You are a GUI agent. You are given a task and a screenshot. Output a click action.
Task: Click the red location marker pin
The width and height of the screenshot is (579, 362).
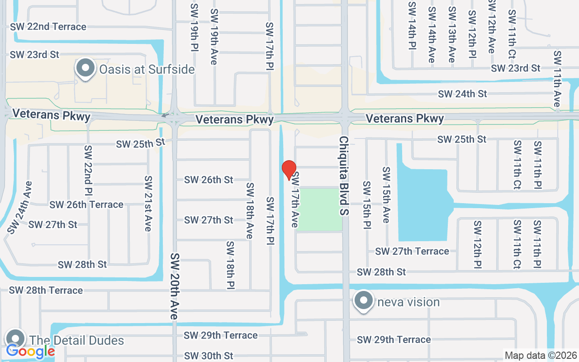289,170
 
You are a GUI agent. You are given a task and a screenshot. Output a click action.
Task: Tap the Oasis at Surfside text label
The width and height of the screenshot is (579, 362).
147,69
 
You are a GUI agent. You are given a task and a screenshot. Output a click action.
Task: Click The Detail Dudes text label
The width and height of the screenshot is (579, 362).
76,340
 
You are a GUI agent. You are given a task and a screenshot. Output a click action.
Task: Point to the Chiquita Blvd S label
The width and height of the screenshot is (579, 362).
344,176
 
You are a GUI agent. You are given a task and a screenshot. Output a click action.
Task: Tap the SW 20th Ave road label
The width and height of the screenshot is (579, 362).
175,286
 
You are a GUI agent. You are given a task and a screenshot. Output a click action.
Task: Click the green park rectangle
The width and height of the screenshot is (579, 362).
319,210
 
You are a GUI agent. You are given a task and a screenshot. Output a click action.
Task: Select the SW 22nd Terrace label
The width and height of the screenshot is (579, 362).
48,27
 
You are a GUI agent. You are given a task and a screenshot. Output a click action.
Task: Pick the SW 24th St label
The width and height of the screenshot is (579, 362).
462,94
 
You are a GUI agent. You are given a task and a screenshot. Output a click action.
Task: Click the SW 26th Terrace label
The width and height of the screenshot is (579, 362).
86,205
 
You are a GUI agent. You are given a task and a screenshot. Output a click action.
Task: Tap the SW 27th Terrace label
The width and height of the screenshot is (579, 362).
412,251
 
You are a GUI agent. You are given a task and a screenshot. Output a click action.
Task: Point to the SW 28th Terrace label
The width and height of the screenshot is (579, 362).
46,290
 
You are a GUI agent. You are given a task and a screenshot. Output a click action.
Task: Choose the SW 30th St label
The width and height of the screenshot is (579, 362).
209,356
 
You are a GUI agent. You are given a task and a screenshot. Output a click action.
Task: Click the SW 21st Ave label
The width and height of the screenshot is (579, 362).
148,204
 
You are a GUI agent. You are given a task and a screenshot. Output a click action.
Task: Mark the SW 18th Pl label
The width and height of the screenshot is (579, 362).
230,265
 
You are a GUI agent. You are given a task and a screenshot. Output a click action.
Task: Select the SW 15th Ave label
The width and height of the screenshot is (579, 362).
386,195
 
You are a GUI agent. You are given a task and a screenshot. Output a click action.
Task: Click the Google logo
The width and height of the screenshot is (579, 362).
30,351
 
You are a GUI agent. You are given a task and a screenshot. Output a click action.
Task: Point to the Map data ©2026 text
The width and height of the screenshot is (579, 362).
541,356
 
